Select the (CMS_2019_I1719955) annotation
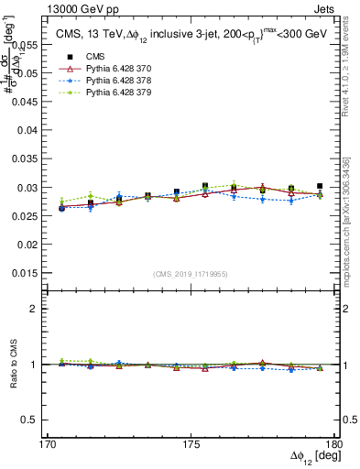[x=191, y=273]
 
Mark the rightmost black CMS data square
[x=320, y=186]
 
